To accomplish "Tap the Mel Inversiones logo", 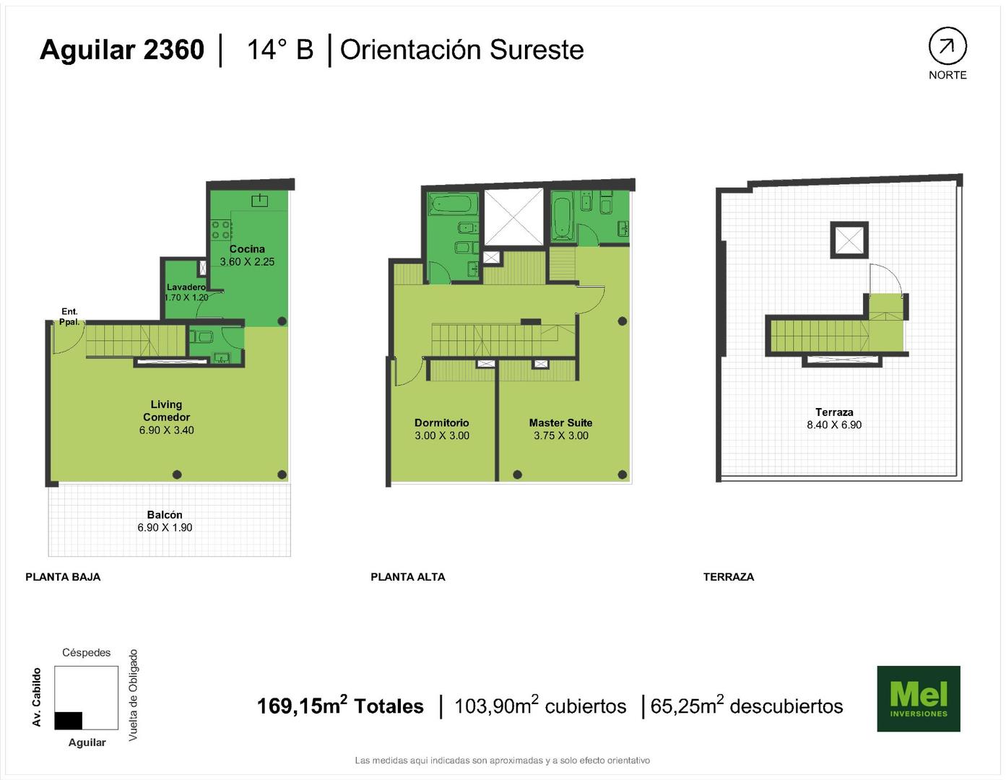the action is click(918, 698).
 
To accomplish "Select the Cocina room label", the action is click(247, 249).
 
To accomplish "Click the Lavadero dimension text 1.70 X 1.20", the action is click(186, 297).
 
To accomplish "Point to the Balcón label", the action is click(165, 515).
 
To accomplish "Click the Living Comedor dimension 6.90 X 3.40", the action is click(167, 430).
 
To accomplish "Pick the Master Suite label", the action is click(560, 422).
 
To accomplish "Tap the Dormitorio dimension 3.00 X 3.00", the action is click(442, 435).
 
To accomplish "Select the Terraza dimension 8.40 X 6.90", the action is click(834, 425).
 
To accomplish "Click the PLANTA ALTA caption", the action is click(408, 577).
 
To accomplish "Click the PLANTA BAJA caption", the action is click(63, 577).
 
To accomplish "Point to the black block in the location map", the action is click(69, 721).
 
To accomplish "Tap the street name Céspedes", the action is click(87, 653).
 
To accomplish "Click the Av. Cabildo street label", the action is click(37, 697).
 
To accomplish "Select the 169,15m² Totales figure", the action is click(340, 706).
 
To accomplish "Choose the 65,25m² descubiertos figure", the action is click(747, 706).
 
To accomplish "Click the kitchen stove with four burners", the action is click(221, 230).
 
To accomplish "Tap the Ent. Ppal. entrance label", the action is click(69, 316).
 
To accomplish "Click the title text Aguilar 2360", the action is click(122, 50).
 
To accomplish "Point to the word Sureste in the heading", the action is click(537, 50).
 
